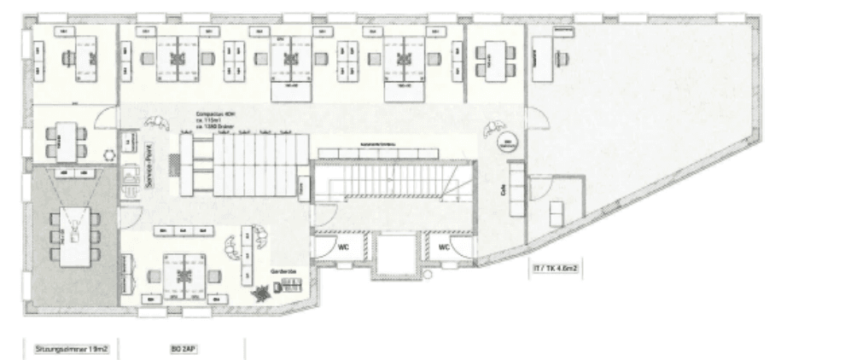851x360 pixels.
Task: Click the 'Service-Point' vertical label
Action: click(148, 164)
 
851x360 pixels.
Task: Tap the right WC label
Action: click(444, 247)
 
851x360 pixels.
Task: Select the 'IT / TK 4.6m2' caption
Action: click(556, 269)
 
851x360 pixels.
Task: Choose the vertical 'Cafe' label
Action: click(504, 190)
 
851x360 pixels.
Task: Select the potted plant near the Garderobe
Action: click(259, 291)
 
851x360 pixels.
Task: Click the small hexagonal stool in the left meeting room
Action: click(108, 156)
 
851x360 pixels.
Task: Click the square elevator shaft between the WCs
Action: click(393, 254)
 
